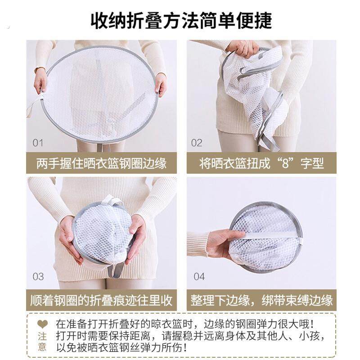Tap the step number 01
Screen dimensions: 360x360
(38, 143)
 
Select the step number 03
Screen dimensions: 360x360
(38, 276)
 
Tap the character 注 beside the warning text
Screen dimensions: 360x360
(42, 336)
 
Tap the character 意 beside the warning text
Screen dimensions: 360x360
(42, 347)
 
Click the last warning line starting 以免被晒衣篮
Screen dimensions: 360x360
(121, 347)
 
